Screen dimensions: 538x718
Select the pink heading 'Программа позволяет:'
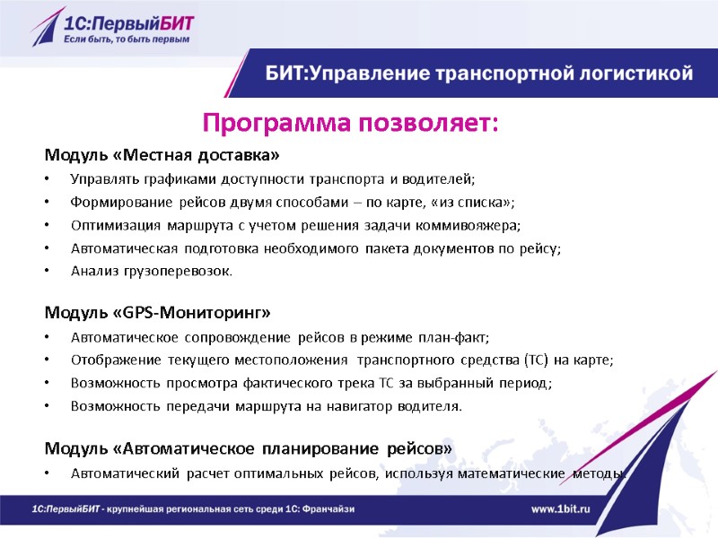(x=350, y=121)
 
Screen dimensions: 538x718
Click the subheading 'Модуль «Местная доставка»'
(x=156, y=154)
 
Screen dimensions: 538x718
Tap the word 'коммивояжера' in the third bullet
(x=476, y=224)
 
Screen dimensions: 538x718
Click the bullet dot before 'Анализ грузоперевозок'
(x=48, y=271)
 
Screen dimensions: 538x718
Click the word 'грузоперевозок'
(x=183, y=271)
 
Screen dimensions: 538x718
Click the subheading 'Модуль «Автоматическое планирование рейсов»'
(x=249, y=447)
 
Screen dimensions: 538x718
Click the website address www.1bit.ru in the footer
(x=560, y=508)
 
